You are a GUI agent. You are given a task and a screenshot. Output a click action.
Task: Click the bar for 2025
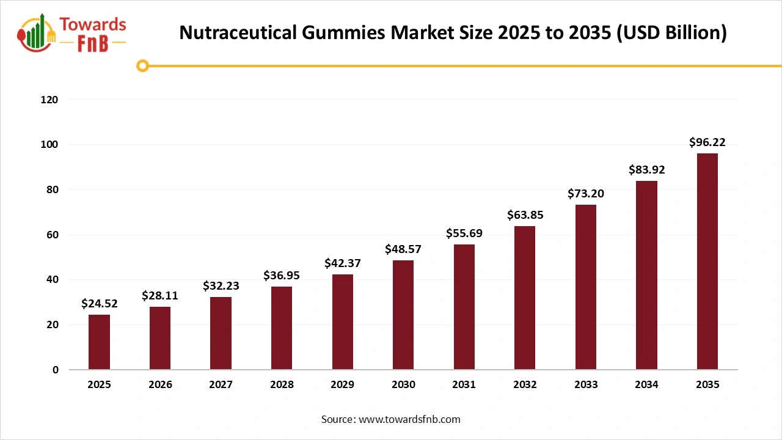point(99,342)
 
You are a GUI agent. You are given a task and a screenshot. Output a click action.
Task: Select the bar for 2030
point(403,315)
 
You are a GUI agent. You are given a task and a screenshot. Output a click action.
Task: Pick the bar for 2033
point(585,287)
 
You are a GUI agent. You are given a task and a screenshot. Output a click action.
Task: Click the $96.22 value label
point(707,142)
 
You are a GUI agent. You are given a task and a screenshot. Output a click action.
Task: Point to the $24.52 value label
point(99,304)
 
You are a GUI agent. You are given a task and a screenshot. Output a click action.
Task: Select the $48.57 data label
point(403,249)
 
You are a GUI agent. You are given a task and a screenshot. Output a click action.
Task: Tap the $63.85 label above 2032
point(525,215)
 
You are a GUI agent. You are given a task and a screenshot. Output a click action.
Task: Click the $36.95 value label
point(282,276)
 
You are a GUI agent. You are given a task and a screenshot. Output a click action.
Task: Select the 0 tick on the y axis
point(55,370)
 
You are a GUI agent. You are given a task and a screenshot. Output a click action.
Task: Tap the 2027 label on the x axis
point(221,385)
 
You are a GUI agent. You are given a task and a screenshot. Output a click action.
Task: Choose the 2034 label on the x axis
point(646,385)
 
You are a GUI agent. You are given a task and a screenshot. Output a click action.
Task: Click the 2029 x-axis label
point(342,385)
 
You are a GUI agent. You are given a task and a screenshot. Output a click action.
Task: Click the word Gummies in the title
point(345,33)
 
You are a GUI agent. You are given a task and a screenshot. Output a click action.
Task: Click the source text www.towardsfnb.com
point(409,419)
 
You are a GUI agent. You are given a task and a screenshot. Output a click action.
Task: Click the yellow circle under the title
point(142,66)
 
